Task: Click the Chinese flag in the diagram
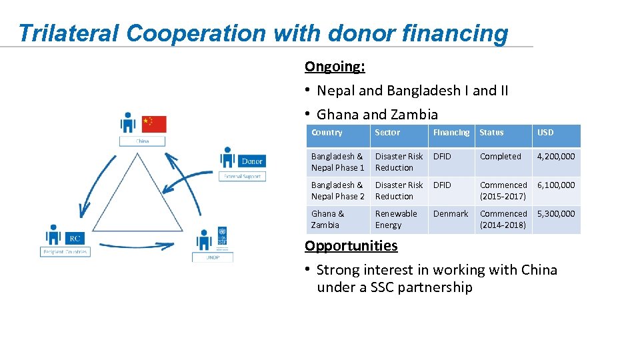click(154, 123)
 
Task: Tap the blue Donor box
click(252, 161)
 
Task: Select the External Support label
click(243, 176)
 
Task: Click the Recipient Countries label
click(65, 252)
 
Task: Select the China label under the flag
click(142, 141)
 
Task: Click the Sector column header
click(387, 133)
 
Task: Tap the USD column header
click(545, 133)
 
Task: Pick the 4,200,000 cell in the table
click(555, 157)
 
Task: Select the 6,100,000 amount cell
click(555, 185)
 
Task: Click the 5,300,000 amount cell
click(555, 214)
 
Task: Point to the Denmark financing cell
click(451, 214)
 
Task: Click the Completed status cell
click(500, 157)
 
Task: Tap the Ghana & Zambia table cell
click(327, 219)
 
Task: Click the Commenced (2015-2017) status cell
click(503, 191)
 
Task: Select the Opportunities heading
click(351, 245)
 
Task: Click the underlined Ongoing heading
click(335, 67)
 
